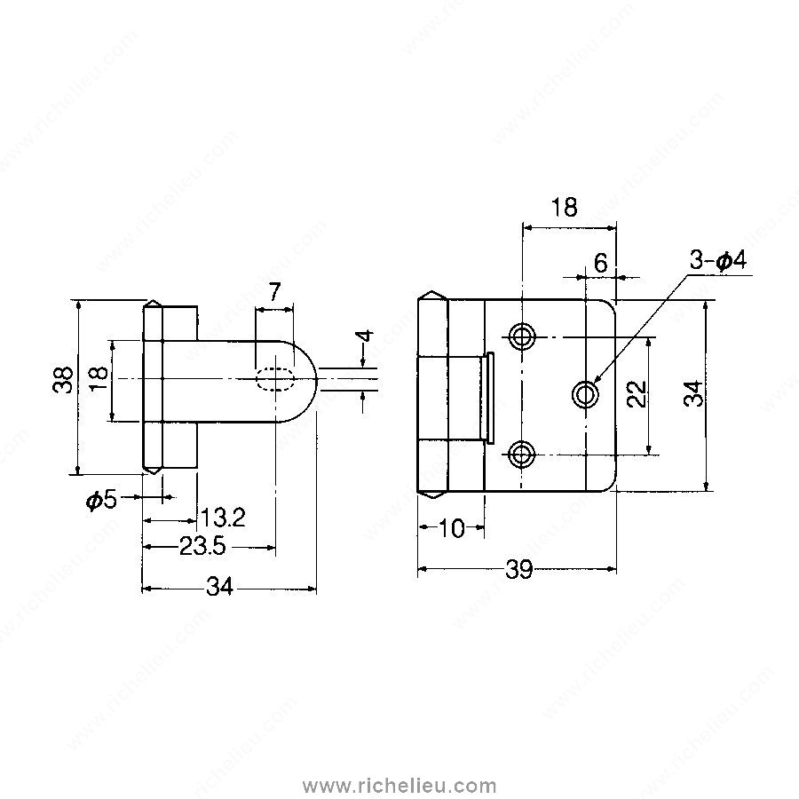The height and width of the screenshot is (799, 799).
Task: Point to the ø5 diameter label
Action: point(101,499)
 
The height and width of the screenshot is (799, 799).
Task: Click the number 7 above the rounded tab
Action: point(273,290)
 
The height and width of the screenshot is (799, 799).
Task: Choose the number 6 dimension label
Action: point(600,263)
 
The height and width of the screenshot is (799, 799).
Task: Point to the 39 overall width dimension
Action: point(518,571)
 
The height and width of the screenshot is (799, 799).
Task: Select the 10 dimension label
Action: point(452,529)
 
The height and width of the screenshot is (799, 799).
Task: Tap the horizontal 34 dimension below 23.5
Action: point(219,587)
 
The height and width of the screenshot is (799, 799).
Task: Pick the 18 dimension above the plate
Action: point(563,207)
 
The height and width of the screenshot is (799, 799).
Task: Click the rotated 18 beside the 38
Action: point(99,379)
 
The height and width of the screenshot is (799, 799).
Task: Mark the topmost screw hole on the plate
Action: point(522,336)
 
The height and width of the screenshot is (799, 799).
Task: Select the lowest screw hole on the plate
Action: point(522,455)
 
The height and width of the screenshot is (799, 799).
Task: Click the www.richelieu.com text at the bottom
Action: point(399,785)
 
